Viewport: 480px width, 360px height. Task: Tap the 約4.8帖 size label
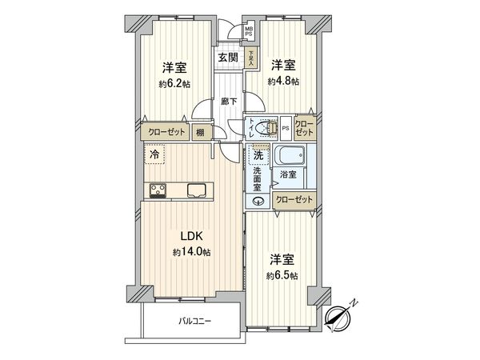284,81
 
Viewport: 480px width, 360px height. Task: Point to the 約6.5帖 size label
283,276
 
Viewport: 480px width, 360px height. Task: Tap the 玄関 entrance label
227,58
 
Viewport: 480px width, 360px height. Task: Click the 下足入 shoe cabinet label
252,57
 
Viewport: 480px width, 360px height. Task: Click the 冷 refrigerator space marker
153,154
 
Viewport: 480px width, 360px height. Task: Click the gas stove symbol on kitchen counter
156,190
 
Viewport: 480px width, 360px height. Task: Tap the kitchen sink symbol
196,190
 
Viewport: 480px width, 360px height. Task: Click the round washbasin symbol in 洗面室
258,201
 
